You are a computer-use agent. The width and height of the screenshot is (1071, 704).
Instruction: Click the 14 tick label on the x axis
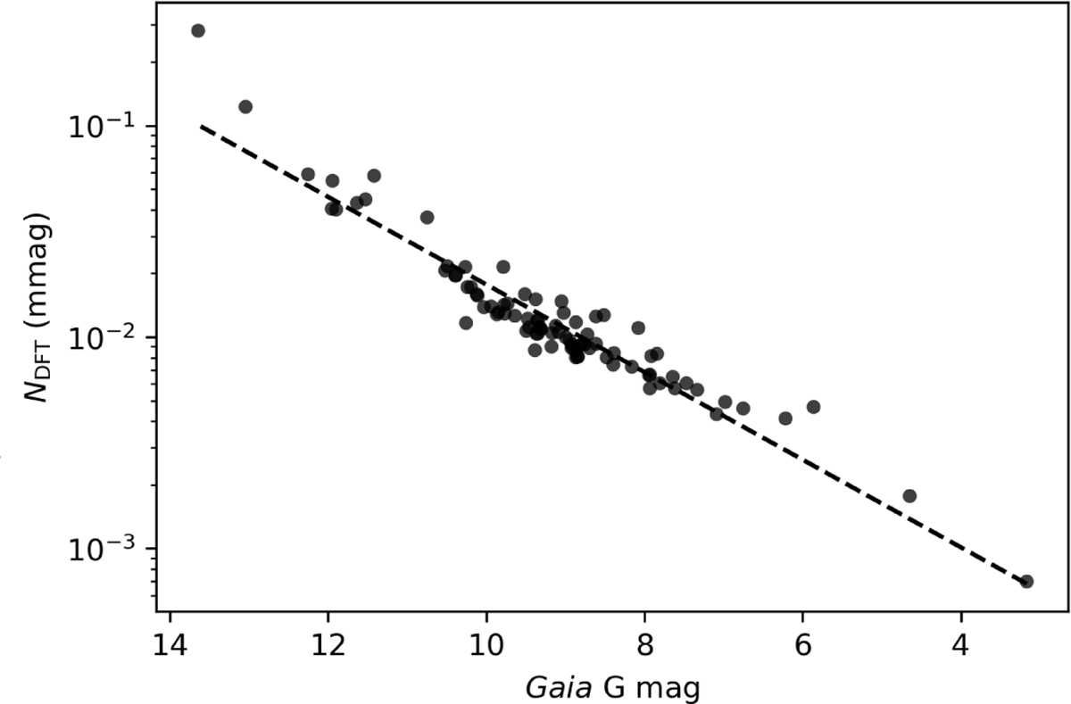pos(170,645)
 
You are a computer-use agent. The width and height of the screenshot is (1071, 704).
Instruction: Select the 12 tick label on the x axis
pos(328,645)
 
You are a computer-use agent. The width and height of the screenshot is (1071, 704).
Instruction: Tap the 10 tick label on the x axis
pos(486,645)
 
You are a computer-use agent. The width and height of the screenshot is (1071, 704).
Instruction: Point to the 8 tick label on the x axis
pos(645,645)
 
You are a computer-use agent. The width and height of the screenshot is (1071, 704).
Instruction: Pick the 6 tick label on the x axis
pos(803,645)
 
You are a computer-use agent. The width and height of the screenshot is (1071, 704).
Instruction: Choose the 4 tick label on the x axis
pos(961,645)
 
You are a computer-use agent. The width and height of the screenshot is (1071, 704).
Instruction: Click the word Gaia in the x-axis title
pos(559,688)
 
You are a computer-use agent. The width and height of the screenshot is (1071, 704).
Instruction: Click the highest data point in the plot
pos(198,30)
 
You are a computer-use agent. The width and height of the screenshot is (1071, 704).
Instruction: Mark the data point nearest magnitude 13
pos(245,106)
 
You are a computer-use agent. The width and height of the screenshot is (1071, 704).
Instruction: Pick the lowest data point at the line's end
pos(1026,582)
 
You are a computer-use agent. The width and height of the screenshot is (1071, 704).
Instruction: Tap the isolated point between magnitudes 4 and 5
pos(909,495)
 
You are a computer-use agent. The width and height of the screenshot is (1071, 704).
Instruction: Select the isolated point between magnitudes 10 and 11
pos(427,218)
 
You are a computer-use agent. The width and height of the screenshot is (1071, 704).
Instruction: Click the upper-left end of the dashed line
pos(202,126)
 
